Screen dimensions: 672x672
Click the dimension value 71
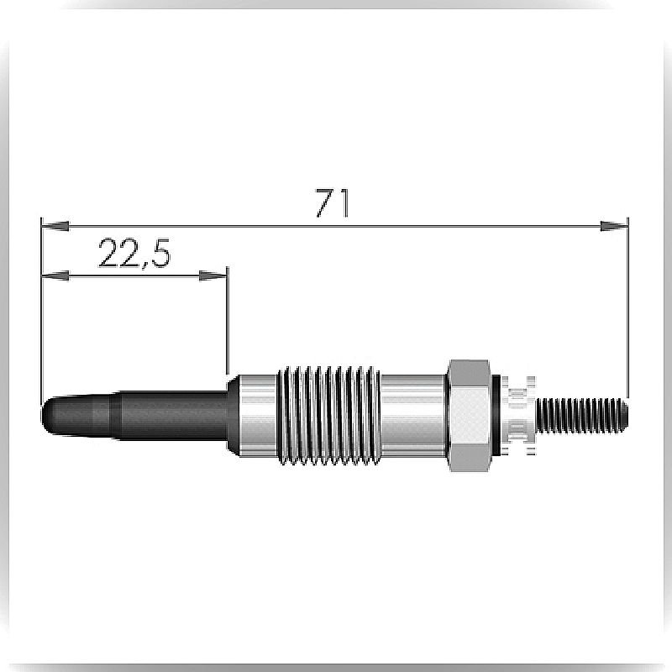click(333, 202)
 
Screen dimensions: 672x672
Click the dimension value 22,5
click(134, 254)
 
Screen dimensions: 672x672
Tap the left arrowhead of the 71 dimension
click(55, 225)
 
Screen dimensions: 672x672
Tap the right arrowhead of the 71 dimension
click(614, 226)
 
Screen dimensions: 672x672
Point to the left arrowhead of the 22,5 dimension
click(55, 276)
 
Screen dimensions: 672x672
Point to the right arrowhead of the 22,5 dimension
click(213, 276)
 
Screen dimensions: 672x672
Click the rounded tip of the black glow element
click(47, 415)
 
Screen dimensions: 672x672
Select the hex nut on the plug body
click(469, 416)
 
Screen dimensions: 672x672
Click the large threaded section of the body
click(328, 415)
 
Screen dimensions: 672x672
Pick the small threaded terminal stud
click(582, 415)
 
